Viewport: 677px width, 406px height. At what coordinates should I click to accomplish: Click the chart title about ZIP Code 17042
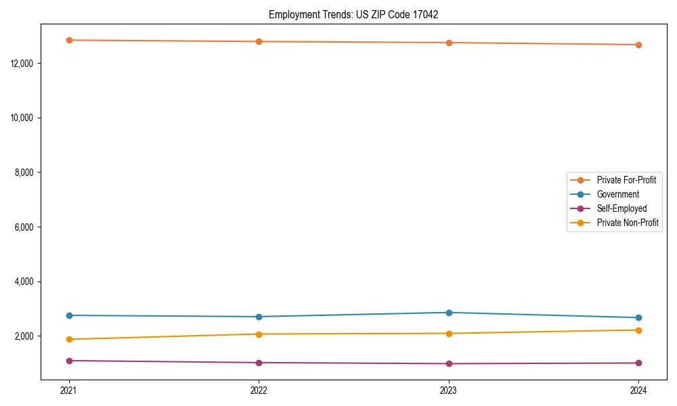(x=353, y=14)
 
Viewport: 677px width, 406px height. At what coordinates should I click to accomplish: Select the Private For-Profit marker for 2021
(x=69, y=40)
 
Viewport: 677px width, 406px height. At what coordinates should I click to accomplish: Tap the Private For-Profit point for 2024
(x=638, y=45)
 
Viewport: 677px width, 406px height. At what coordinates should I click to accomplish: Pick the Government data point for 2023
(x=449, y=313)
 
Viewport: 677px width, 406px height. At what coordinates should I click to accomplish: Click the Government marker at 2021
(x=69, y=315)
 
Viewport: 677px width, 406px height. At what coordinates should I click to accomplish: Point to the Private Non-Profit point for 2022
(x=259, y=334)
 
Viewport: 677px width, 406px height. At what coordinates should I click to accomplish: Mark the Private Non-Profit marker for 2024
(x=638, y=330)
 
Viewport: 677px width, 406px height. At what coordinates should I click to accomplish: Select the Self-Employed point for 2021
(x=69, y=361)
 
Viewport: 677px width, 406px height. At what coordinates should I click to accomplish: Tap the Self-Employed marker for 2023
(x=449, y=363)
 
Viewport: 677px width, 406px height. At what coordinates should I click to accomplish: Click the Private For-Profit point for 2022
(x=259, y=41)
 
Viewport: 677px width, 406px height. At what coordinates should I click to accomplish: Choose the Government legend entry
(x=617, y=194)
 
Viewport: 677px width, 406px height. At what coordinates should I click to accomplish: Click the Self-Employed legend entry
(x=621, y=208)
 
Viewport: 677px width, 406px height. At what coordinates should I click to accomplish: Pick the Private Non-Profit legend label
(x=628, y=223)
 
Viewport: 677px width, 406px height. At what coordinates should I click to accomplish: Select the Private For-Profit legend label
(x=626, y=180)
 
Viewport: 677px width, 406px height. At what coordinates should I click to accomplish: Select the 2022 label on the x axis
(x=259, y=390)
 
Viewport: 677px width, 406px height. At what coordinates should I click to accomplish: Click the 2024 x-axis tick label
(x=638, y=390)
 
